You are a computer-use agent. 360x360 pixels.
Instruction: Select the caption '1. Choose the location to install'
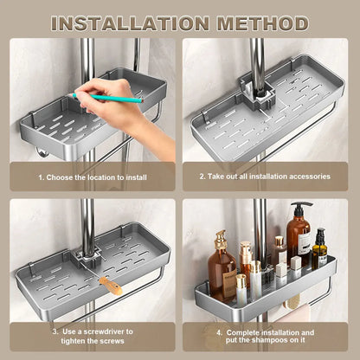click(93, 176)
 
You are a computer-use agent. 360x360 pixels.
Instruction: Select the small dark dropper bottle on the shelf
click(320, 249)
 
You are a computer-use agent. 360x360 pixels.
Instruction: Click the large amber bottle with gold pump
click(222, 270)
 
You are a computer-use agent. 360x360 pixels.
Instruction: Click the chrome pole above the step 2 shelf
click(258, 56)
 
